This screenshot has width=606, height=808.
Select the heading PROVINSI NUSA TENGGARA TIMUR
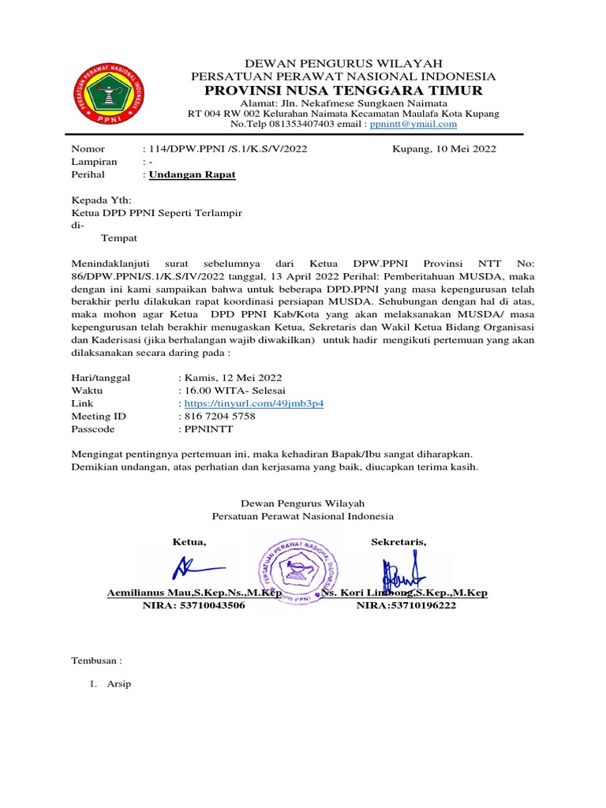tap(344, 92)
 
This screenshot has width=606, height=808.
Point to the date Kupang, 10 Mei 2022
tap(444, 148)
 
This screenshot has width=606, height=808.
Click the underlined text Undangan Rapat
tap(193, 174)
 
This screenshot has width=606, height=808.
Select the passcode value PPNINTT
tap(208, 429)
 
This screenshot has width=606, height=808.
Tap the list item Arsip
tap(120, 683)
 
